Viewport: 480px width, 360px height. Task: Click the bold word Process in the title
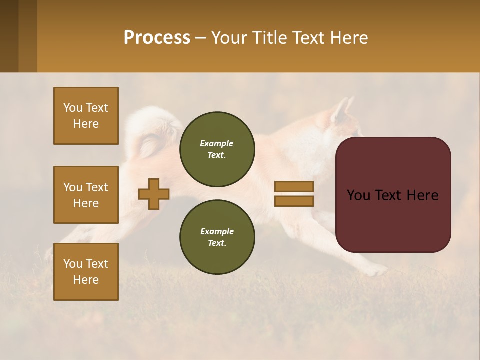point(157,38)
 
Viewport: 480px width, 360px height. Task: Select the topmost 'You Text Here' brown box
point(86,116)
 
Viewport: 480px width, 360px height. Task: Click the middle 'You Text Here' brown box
point(86,195)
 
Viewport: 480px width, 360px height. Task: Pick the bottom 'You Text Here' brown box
point(86,272)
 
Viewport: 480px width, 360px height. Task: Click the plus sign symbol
point(154,194)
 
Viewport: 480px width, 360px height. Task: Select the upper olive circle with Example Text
point(217,149)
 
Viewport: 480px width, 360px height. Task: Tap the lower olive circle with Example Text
point(217,237)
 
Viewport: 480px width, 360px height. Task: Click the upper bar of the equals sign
point(294,187)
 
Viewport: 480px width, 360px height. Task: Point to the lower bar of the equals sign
point(294,201)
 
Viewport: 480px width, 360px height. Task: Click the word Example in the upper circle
point(217,143)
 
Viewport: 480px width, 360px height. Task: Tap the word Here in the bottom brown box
point(86,280)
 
